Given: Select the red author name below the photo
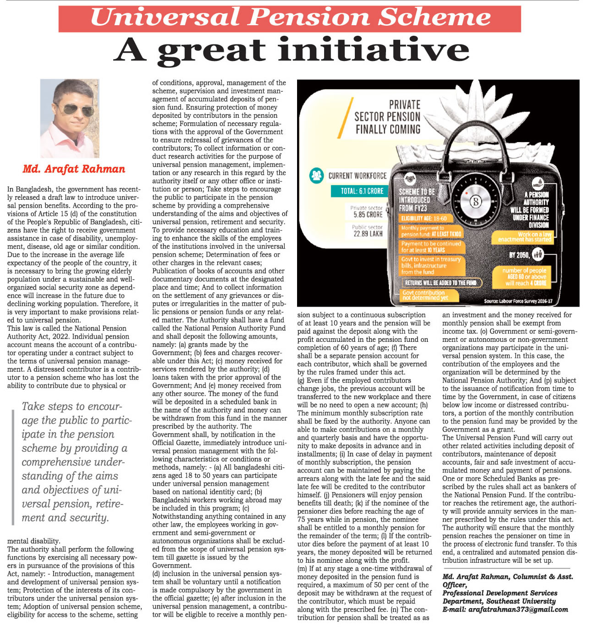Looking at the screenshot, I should click(x=74, y=169).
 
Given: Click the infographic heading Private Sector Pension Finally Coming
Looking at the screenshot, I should click(x=387, y=117).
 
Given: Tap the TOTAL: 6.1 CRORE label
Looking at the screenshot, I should click(x=362, y=191).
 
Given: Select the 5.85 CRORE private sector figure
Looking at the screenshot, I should click(x=368, y=214).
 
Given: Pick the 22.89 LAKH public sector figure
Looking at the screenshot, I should click(x=368, y=234).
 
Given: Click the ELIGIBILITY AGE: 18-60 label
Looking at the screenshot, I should click(x=424, y=218).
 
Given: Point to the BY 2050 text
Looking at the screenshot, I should click(x=519, y=255).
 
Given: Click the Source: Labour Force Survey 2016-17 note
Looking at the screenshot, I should click(x=518, y=301).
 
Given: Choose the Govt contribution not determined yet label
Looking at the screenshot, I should click(x=424, y=295).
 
